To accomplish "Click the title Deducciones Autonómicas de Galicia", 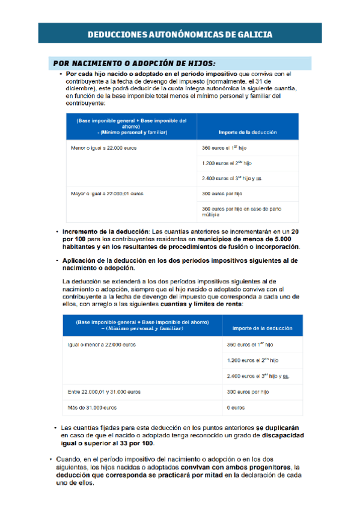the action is tap(180, 34).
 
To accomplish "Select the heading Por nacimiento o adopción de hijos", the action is tap(134, 63).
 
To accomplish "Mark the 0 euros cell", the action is tap(236, 408).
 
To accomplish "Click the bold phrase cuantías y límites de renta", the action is tap(194, 304).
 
